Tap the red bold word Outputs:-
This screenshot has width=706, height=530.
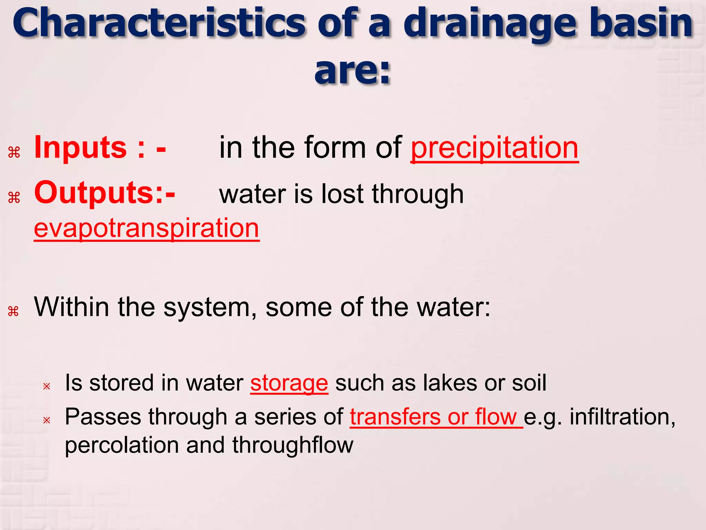pos(104,193)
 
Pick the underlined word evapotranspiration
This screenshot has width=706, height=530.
pos(147,228)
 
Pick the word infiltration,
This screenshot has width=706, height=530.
pos(622,417)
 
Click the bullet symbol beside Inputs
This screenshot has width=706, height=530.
pos(14,152)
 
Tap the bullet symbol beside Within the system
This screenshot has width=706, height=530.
pos(13,311)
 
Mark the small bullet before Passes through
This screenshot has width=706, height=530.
pos(47,420)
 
